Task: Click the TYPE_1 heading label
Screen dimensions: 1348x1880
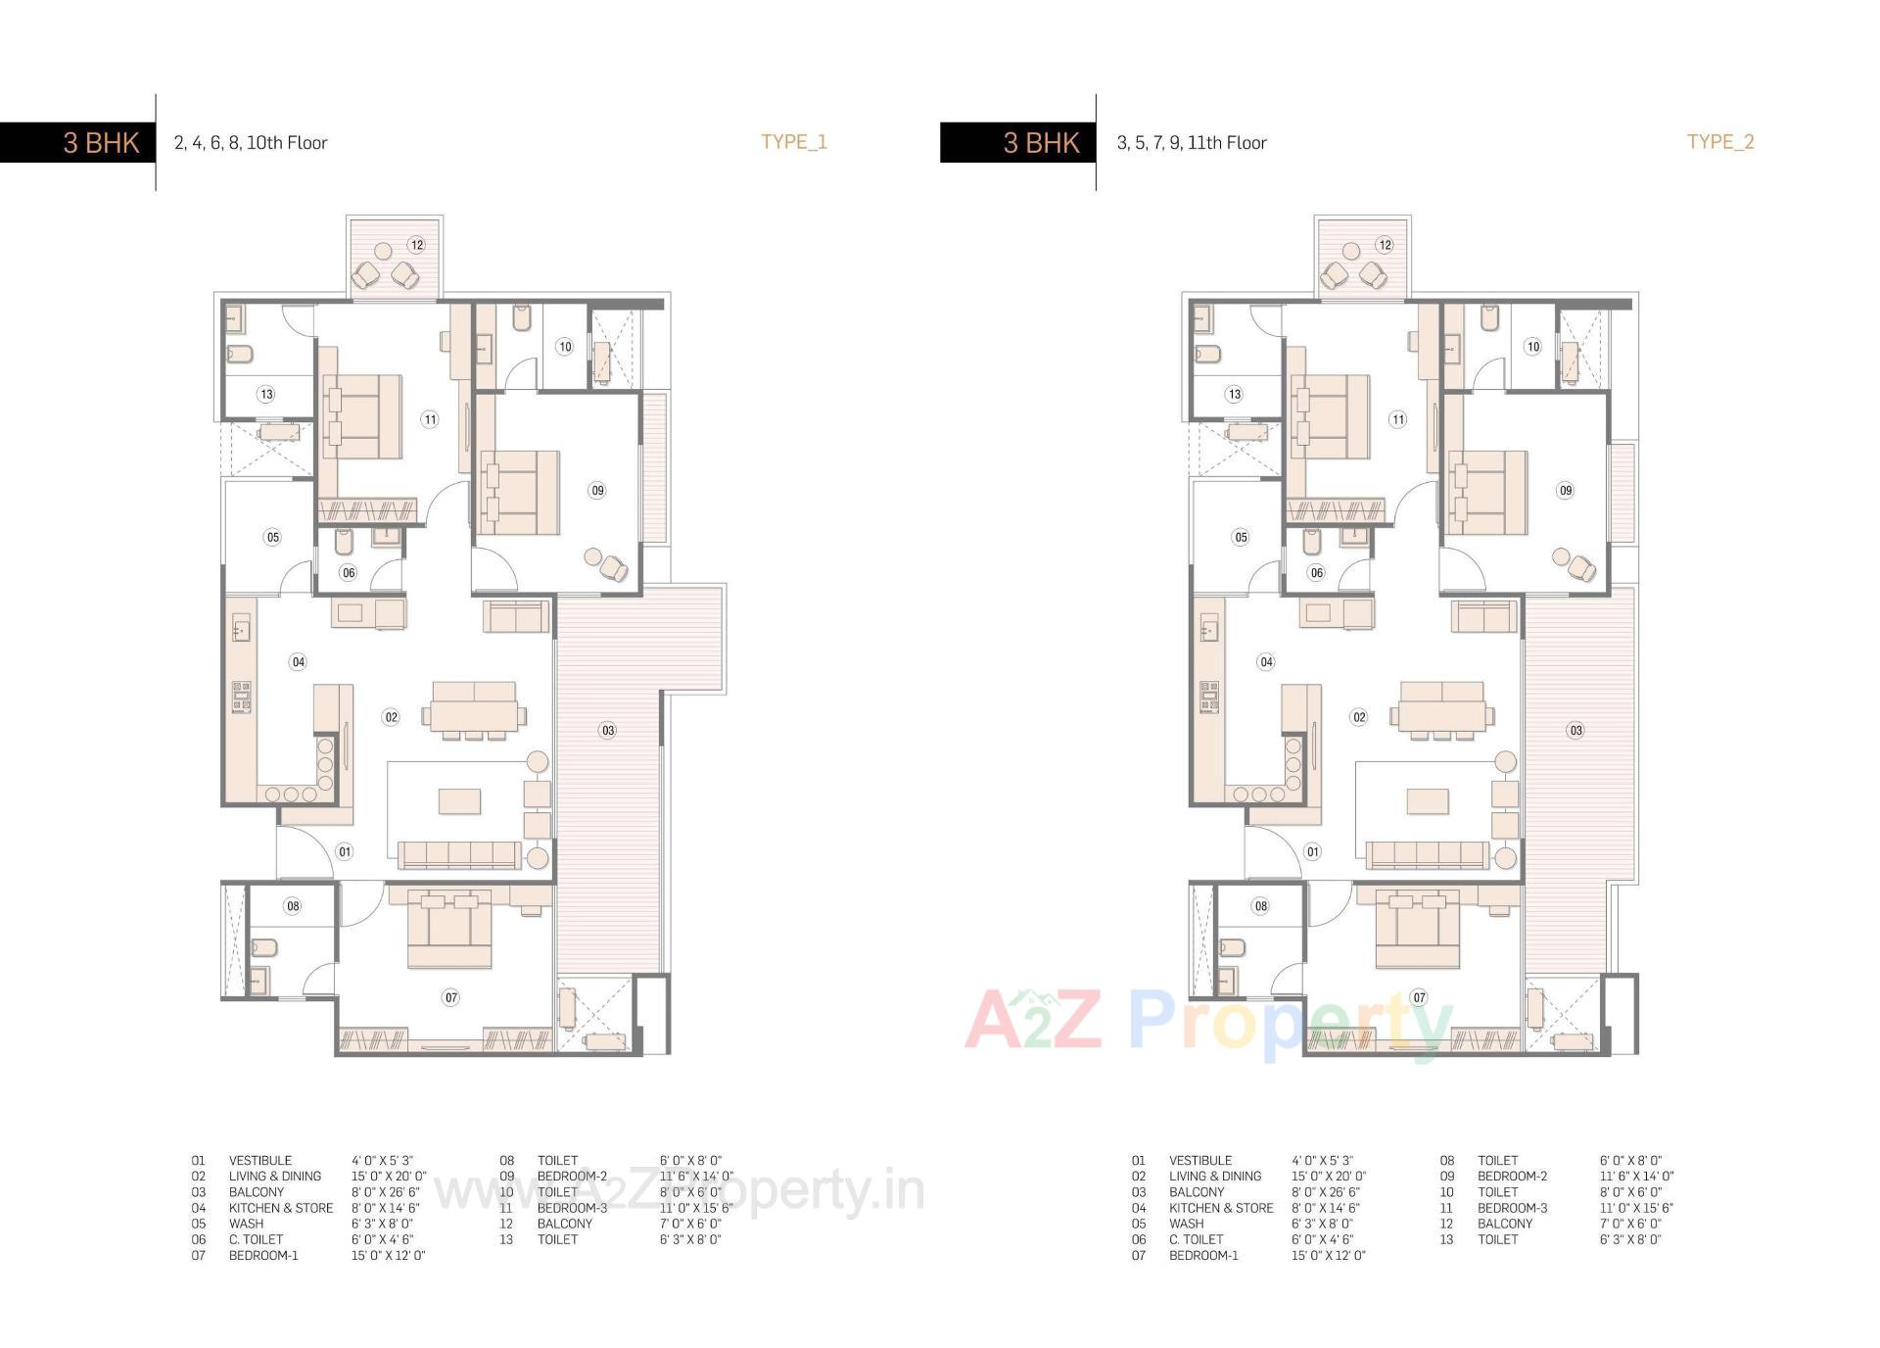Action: coord(794,141)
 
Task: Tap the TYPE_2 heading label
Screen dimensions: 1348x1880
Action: coord(1720,141)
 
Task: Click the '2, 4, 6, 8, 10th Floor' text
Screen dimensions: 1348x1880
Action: coord(251,143)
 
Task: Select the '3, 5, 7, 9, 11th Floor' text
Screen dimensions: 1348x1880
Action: coord(1192,143)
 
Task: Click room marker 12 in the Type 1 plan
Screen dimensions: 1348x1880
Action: coord(417,245)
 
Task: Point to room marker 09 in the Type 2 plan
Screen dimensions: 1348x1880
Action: coord(1566,491)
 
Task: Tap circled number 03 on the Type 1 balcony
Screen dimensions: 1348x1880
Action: coord(608,730)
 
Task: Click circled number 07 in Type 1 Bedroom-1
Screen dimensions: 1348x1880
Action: coord(450,997)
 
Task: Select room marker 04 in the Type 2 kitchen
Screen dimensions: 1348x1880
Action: coord(1266,662)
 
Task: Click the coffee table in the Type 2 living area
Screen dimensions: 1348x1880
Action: coord(1427,801)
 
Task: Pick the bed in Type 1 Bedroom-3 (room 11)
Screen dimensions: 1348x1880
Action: coord(362,416)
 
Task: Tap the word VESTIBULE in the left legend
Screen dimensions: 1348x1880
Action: coord(260,1160)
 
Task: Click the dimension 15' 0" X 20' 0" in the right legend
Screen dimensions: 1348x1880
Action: coord(1328,1176)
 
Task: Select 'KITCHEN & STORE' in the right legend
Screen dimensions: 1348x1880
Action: coord(1221,1208)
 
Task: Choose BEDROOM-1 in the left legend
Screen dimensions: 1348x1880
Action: coord(263,1255)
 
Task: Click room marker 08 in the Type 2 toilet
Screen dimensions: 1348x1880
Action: coord(1261,906)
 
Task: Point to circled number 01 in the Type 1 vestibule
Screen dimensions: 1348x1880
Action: coord(345,851)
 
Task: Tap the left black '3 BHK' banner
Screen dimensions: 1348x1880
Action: coord(77,143)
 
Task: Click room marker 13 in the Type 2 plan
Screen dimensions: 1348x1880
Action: coord(1234,394)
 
